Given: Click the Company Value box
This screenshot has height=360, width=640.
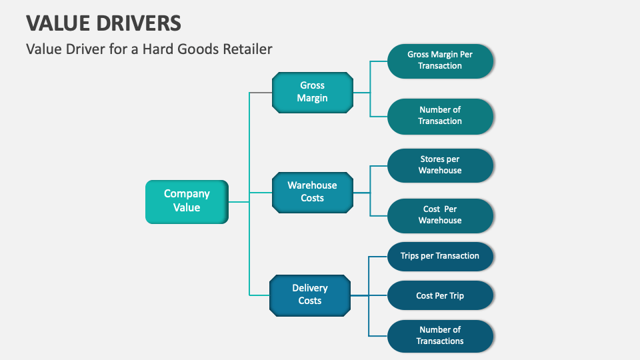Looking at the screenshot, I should click(x=187, y=201).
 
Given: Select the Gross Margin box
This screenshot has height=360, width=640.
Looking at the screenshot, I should click(x=312, y=92).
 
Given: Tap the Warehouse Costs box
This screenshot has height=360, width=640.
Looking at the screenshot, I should click(x=312, y=192).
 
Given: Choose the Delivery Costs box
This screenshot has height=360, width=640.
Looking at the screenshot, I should click(x=310, y=295).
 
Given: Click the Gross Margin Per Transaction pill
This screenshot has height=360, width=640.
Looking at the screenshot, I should click(x=440, y=60).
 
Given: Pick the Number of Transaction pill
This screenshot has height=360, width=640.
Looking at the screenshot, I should click(x=440, y=115).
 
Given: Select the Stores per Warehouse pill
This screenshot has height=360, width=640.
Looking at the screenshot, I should click(x=440, y=165).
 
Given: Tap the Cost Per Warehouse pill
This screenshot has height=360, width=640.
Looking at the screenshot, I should click(x=440, y=215).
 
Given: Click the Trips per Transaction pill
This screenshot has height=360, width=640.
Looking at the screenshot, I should click(x=440, y=256).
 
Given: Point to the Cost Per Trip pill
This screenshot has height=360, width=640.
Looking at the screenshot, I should click(x=440, y=295).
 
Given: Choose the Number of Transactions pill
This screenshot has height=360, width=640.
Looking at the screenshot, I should click(x=440, y=335).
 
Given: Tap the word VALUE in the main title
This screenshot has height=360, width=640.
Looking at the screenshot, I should click(x=50, y=23).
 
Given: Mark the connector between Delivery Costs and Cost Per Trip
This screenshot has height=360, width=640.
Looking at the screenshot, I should click(x=369, y=295).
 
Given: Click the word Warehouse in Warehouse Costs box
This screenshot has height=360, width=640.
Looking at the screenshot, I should click(x=312, y=185).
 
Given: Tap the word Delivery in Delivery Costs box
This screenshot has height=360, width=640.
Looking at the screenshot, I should click(x=310, y=288).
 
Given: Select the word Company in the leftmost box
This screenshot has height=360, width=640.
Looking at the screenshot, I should click(x=187, y=194).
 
